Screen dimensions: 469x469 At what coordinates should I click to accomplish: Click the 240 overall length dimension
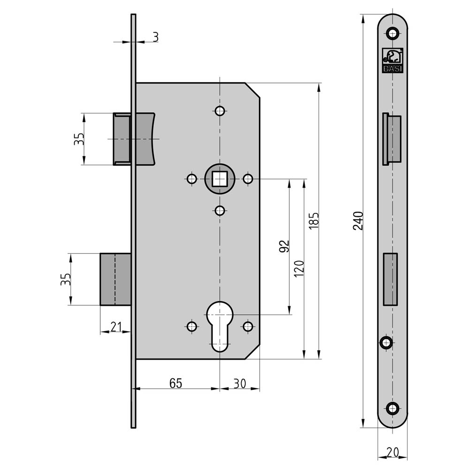358,221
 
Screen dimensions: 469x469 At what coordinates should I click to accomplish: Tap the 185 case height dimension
314,221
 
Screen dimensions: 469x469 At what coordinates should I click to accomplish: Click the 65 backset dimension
175,383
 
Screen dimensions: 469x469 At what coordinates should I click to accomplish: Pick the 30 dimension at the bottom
240,383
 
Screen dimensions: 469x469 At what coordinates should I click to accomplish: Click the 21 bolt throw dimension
116,326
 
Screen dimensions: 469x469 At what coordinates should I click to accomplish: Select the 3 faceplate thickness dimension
155,37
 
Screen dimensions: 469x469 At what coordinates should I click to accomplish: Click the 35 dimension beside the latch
79,139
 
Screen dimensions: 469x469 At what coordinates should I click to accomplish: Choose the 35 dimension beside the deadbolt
66,280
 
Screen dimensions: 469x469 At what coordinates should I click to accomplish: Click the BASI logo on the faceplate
393,61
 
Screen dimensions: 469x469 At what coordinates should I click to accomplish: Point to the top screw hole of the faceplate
392,33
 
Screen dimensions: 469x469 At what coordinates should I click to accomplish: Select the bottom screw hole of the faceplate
393,408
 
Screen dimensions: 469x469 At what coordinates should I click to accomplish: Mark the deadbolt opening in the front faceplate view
390,279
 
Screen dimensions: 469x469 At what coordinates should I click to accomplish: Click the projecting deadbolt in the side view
115,279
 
